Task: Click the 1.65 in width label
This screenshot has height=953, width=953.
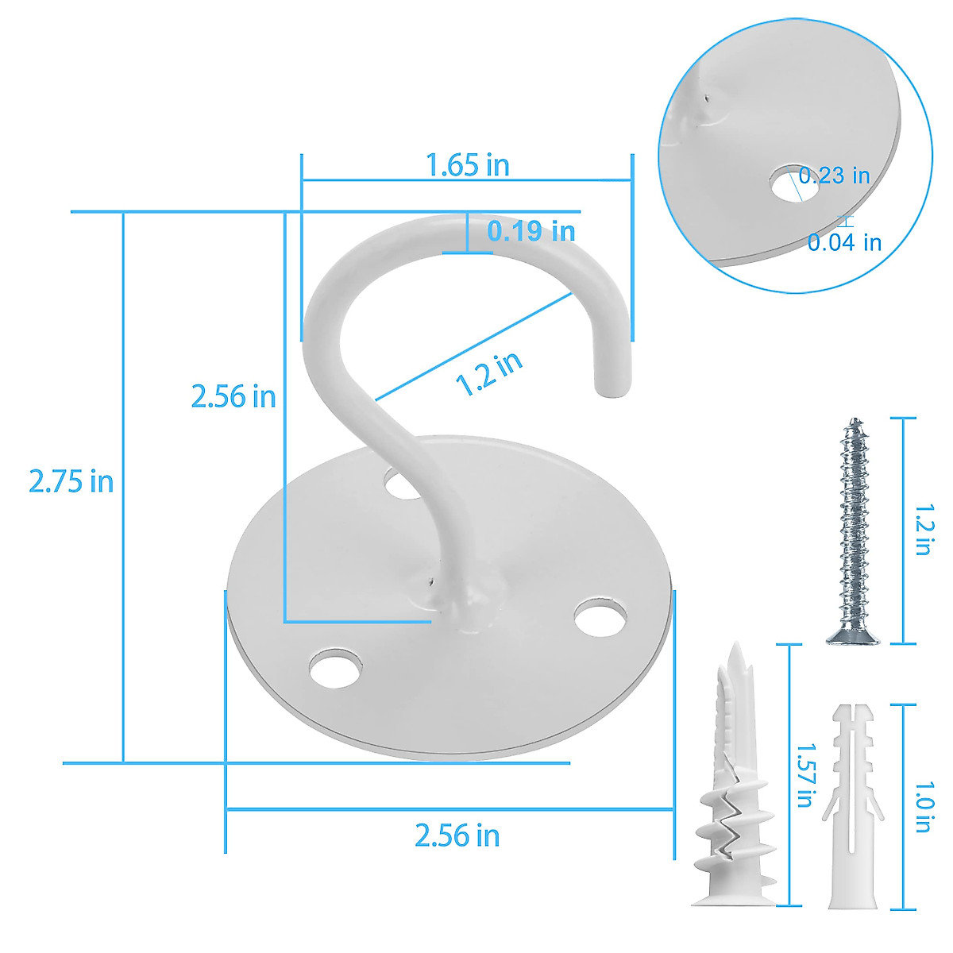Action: coord(467,165)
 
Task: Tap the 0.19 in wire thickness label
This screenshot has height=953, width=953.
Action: coord(531,231)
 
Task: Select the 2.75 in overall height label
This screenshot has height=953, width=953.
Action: coord(71,481)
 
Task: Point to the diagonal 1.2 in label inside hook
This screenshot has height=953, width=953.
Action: coord(489,373)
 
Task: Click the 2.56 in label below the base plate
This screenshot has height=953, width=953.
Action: coord(457,835)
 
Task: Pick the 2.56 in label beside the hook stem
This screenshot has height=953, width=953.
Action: coord(233,395)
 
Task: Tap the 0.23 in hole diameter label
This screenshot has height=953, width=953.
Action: coord(835,176)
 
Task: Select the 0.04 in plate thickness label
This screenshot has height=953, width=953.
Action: coord(844,242)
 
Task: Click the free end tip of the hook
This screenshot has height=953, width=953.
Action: coord(608,388)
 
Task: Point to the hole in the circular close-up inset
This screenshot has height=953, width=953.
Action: coord(786,183)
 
